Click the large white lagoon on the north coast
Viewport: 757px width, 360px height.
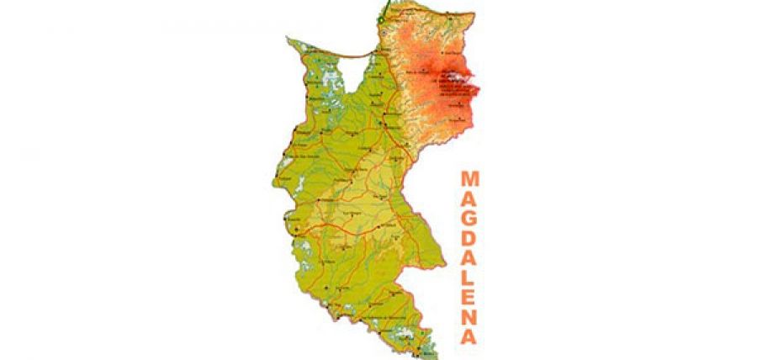[356, 66]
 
